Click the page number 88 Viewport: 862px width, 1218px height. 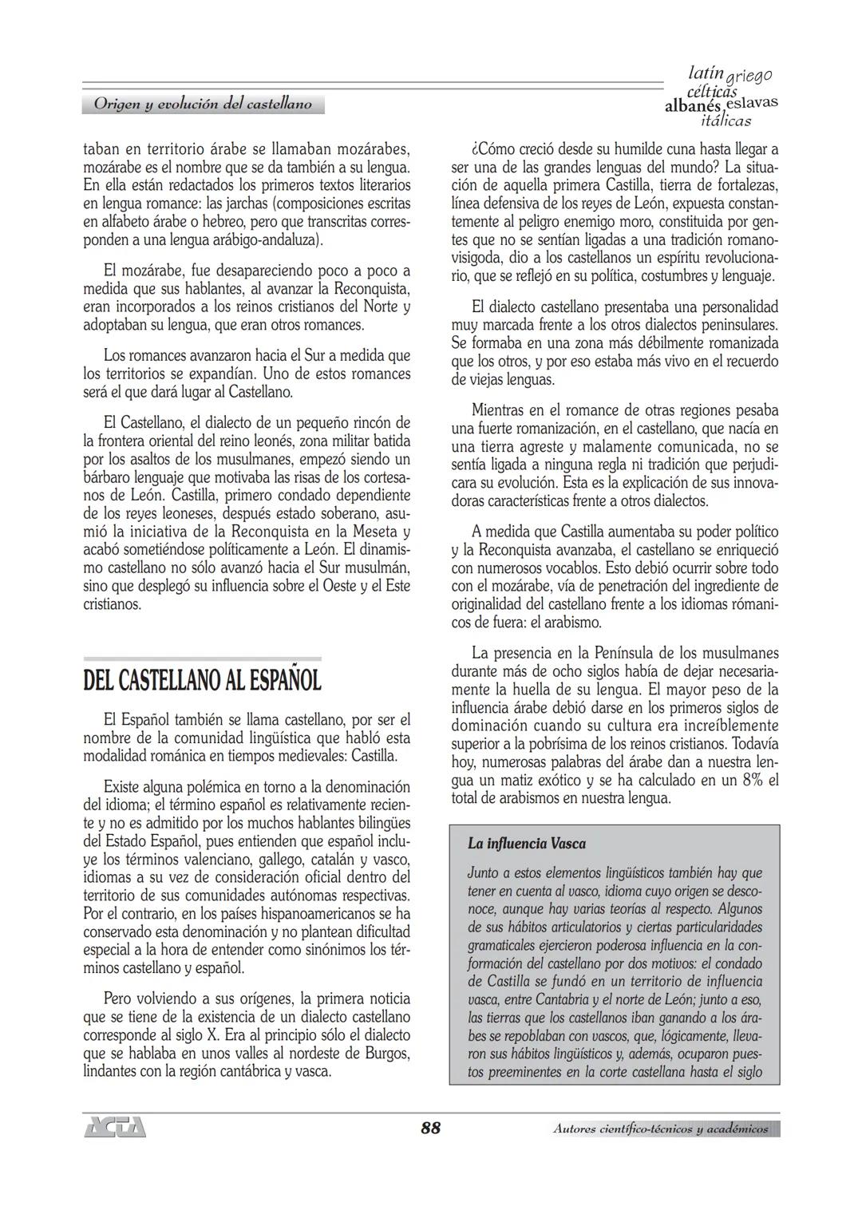[430, 1128]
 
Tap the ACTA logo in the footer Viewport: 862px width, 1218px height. [115, 1129]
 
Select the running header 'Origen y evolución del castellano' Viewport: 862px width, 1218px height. [203, 104]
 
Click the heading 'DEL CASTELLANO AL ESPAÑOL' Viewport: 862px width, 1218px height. [202, 681]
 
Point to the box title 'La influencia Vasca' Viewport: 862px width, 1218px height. [527, 844]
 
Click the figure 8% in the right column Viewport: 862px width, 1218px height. [753, 781]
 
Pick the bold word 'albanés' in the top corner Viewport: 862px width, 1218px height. [692, 107]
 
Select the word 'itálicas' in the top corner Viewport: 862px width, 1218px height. [725, 121]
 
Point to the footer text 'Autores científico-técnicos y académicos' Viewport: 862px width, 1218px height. [660, 1129]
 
